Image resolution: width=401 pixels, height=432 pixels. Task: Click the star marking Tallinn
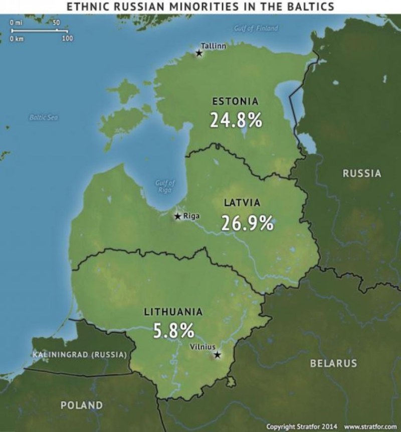pyautogui.click(x=199, y=53)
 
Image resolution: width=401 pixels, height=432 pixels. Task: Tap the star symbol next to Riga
pyautogui.click(x=177, y=217)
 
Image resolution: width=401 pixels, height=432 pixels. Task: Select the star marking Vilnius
pyautogui.click(x=217, y=355)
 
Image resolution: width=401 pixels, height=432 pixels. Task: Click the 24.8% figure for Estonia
pyautogui.click(x=236, y=120)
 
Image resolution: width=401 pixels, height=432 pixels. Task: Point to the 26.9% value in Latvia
pyautogui.click(x=248, y=223)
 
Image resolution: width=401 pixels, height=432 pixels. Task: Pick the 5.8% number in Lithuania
pyautogui.click(x=173, y=330)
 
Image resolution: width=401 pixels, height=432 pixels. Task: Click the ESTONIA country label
pyautogui.click(x=236, y=101)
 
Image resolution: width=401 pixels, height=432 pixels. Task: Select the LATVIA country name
pyautogui.click(x=242, y=203)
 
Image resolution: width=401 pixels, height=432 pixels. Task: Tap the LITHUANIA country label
pyautogui.click(x=173, y=312)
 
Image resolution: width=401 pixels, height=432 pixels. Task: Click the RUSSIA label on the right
pyautogui.click(x=362, y=174)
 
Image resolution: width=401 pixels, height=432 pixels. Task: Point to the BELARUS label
pyautogui.click(x=333, y=363)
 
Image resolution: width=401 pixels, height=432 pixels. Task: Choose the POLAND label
pyautogui.click(x=82, y=405)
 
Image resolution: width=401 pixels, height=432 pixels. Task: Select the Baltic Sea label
pyautogui.click(x=44, y=117)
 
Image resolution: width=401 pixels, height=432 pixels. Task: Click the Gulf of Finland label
pyautogui.click(x=256, y=28)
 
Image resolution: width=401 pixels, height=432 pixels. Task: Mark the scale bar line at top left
pyautogui.click(x=39, y=31)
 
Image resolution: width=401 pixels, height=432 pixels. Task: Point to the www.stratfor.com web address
pyautogui.click(x=367, y=426)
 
